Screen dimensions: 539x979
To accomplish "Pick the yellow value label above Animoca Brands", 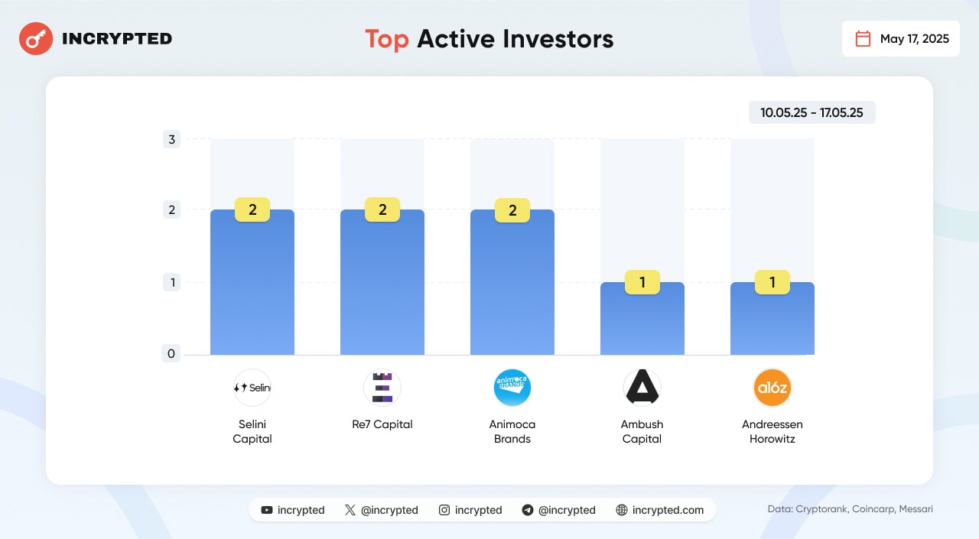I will tap(512, 210).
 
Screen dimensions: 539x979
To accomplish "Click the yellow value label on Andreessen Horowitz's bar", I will tap(772, 283).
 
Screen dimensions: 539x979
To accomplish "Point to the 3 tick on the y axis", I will tap(171, 139).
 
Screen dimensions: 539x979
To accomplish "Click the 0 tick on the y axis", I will tap(171, 353).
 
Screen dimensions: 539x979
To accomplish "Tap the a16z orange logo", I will tap(772, 388).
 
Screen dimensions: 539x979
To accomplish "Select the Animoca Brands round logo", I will tap(512, 388).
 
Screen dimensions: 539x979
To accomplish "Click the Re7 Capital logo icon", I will tap(382, 388).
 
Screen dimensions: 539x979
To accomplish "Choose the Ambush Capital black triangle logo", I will tap(642, 388).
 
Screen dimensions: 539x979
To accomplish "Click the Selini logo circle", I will tap(252, 388).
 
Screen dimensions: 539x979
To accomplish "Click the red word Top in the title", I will tap(387, 39).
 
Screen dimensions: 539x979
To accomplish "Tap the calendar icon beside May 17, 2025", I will tap(863, 39).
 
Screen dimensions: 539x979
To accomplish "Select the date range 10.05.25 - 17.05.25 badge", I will tap(811, 112).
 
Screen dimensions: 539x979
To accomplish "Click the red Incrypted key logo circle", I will tap(36, 38).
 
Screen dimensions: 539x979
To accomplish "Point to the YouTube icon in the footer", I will tap(266, 510).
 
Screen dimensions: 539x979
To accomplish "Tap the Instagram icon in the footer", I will tap(444, 510).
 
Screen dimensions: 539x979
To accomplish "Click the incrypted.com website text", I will tap(668, 510).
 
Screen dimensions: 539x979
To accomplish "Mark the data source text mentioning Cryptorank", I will tap(850, 509).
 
